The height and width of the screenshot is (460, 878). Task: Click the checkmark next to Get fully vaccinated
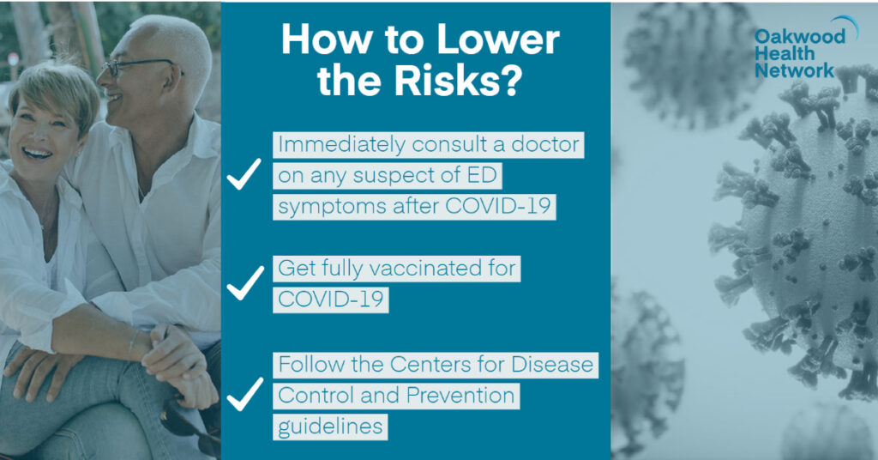tap(245, 283)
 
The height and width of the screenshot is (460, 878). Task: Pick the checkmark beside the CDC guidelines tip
tap(245, 394)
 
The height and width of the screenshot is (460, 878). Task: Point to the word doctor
tap(544, 144)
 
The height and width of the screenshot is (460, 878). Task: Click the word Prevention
tap(460, 396)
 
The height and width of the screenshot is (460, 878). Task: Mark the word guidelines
tap(330, 427)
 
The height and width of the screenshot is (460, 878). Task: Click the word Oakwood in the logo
tap(800, 37)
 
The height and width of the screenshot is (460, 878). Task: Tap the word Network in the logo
tap(794, 71)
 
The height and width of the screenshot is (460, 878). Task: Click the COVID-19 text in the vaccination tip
tap(330, 300)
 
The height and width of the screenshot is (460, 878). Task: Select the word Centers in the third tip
tap(430, 365)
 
